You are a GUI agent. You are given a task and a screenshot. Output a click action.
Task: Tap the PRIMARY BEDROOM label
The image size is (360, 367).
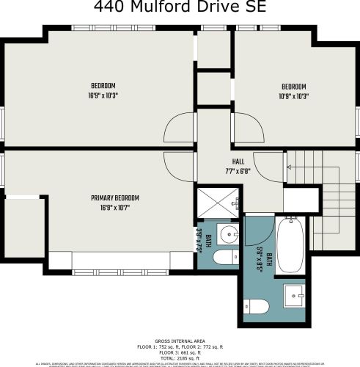(115, 198)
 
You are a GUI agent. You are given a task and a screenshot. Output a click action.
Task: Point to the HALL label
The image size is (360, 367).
(238, 161)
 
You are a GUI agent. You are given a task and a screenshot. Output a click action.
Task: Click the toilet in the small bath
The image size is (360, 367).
(221, 258)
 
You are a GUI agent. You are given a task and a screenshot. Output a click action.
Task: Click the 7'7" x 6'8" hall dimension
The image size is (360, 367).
(238, 171)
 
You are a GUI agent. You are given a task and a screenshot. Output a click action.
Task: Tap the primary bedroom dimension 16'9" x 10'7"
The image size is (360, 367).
(115, 208)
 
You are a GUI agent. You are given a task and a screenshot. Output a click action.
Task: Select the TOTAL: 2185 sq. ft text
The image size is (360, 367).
(180, 358)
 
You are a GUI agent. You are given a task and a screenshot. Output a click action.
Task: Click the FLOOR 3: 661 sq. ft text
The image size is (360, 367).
(180, 353)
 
